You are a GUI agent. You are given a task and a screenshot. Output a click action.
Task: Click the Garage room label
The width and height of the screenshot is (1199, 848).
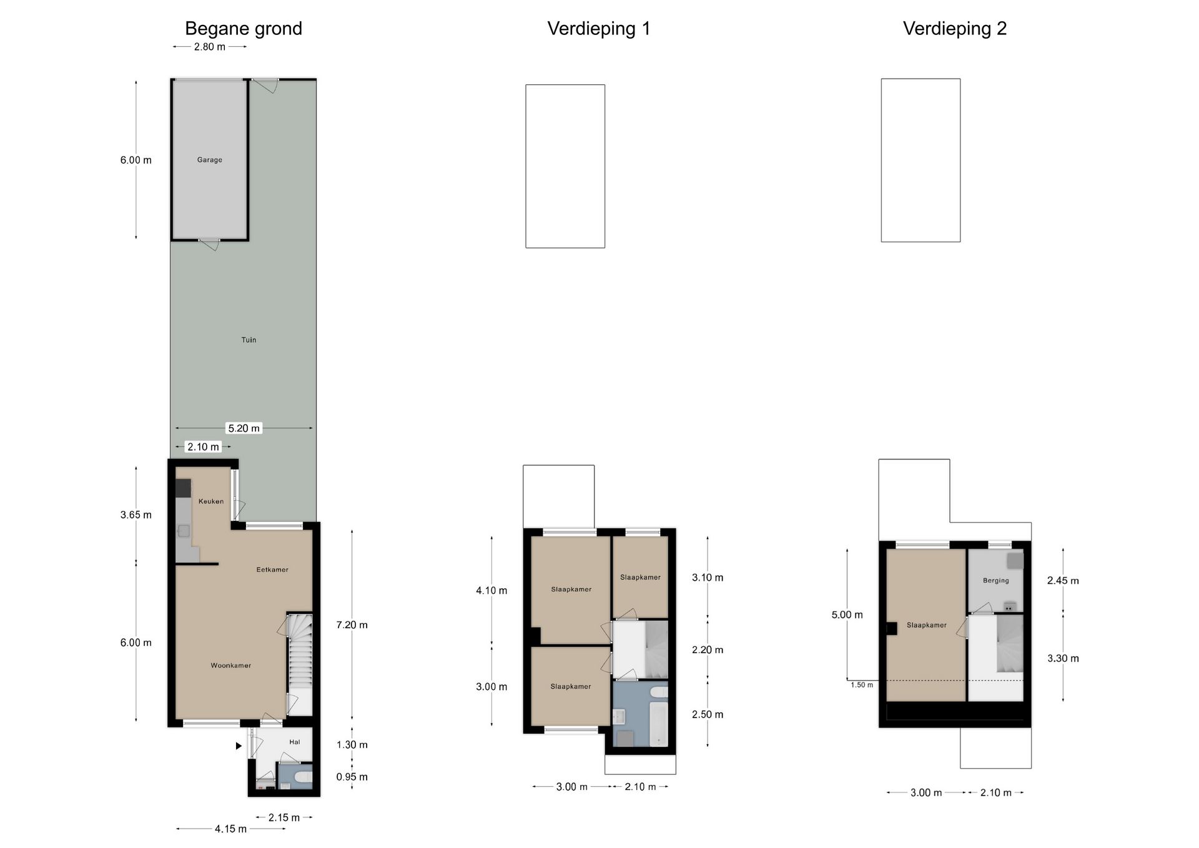(x=210, y=160)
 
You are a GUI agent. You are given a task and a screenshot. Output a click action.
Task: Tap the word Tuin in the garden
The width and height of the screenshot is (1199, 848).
(x=249, y=340)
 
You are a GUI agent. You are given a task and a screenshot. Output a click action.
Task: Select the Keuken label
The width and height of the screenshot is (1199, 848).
(x=211, y=501)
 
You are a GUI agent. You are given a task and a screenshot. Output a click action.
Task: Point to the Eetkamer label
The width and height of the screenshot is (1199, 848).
(x=272, y=569)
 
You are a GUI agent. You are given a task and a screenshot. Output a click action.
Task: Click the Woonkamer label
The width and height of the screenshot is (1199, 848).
(x=231, y=666)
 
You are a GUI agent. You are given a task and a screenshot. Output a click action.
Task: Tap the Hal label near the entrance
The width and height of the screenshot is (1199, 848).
(x=295, y=742)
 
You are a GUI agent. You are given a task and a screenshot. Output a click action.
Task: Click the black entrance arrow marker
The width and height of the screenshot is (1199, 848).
(x=239, y=746)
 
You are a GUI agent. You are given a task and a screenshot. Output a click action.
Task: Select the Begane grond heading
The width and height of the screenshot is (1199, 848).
(x=244, y=29)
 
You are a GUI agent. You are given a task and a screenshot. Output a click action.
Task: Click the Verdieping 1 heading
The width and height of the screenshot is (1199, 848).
(x=599, y=29)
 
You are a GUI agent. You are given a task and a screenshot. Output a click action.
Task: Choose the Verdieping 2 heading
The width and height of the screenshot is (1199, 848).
(x=955, y=29)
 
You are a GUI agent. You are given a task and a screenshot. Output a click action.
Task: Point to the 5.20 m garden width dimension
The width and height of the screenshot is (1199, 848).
(x=244, y=428)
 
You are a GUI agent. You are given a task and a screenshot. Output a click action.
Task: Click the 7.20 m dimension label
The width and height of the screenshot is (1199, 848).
(x=352, y=624)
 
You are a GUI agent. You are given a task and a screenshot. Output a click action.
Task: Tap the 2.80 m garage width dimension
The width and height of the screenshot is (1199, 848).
(x=210, y=47)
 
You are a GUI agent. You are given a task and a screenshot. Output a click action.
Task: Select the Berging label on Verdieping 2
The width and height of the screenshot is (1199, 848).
(x=996, y=581)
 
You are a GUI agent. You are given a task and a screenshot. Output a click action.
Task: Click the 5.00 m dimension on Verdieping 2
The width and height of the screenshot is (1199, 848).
(x=847, y=614)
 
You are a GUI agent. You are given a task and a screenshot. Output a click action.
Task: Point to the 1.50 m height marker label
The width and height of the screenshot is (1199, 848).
(x=862, y=685)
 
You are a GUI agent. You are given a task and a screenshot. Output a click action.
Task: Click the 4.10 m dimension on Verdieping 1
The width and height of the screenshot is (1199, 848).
(x=491, y=590)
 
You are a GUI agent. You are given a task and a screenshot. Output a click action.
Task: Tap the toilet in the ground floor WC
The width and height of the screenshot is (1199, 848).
(x=302, y=777)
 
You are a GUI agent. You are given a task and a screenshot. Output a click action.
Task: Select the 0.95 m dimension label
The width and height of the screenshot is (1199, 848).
(x=352, y=777)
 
